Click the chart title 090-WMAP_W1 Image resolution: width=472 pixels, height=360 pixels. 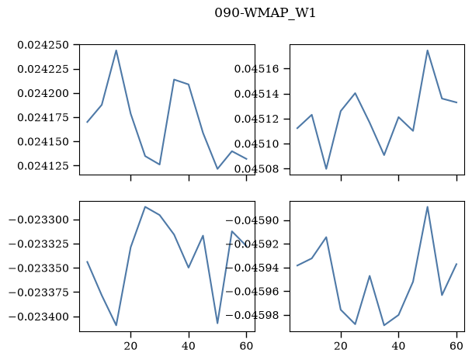[x=265, y=13]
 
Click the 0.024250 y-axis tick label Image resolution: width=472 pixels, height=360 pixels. [x=43, y=45]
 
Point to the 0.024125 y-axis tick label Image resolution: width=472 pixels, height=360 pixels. [x=43, y=166]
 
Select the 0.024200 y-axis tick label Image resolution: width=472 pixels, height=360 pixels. [x=43, y=94]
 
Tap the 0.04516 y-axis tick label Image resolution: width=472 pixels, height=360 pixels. [x=258, y=69]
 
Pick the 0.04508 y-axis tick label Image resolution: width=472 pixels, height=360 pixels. [x=258, y=169]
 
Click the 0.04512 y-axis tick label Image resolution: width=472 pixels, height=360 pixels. [x=258, y=119]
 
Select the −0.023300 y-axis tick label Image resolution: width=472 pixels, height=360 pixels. [x=39, y=220]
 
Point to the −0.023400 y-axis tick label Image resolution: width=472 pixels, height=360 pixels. [x=39, y=317]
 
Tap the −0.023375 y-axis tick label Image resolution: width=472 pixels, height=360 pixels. [x=39, y=292]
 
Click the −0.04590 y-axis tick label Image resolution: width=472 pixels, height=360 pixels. [x=253, y=221]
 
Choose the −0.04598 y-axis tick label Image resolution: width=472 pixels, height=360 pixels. [x=253, y=316]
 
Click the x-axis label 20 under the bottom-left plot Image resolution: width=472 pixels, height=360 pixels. [x=130, y=346]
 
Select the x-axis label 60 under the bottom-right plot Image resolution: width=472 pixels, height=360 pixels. [x=456, y=346]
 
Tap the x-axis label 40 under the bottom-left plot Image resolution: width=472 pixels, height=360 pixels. [x=189, y=346]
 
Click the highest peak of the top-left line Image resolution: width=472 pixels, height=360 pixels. [x=116, y=50]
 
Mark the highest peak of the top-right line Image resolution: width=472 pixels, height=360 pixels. [x=428, y=50]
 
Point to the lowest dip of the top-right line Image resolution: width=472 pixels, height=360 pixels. [x=326, y=168]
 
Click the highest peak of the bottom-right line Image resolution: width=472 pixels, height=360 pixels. [x=428, y=207]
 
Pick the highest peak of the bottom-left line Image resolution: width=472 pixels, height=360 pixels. [x=145, y=207]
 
